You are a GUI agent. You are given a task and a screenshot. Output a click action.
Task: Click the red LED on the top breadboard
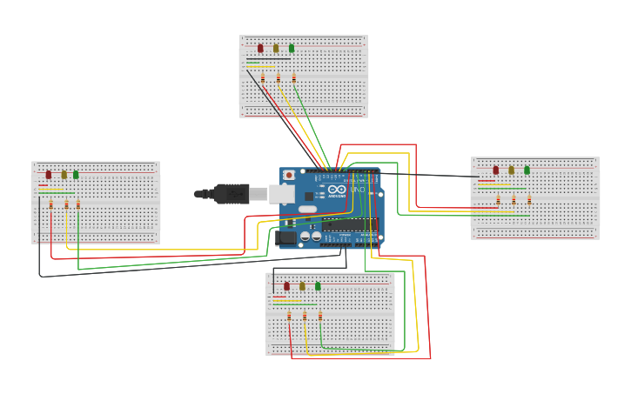[260, 49]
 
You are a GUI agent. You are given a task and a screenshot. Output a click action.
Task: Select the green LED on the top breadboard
[292, 49]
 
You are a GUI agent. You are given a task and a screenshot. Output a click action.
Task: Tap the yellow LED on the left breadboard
[64, 175]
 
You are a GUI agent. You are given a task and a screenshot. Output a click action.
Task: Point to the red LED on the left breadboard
[49, 175]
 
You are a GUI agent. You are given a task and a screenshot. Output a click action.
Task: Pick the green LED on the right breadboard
[527, 170]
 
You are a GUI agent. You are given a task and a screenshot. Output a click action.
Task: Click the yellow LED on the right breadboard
[511, 170]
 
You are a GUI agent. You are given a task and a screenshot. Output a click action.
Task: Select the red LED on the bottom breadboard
[286, 286]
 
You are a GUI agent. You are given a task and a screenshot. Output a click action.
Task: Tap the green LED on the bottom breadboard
[318, 286]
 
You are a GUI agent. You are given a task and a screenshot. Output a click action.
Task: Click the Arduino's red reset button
[289, 176]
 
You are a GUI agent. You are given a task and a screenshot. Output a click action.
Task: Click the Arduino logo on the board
[337, 190]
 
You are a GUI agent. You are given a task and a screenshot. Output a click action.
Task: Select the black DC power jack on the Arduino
[285, 236]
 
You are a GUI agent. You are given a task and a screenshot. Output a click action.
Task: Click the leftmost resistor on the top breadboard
[263, 78]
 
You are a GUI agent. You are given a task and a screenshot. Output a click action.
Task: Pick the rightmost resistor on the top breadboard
[294, 78]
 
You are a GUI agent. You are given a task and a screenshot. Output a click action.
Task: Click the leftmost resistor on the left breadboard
[50, 204]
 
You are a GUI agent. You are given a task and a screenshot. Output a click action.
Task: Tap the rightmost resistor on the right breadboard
[529, 200]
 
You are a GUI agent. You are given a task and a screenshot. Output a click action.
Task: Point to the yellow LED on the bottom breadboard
[302, 286]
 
